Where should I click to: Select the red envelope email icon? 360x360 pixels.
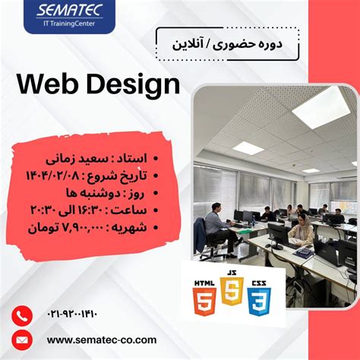23,339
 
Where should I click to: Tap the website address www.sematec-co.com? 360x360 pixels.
102,339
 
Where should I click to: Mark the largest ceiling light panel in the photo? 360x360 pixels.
321,107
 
